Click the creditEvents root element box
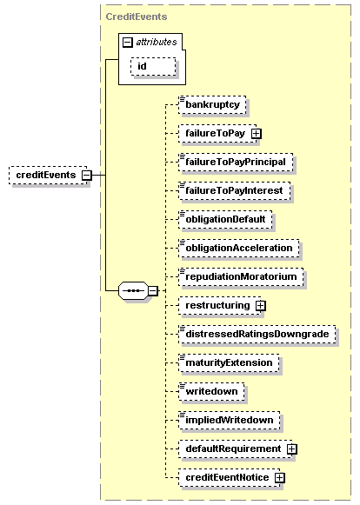point(48,176)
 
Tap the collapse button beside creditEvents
point(87,176)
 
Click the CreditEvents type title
point(137,17)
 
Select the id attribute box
point(153,66)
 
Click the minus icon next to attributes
point(128,43)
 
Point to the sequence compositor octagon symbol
point(133,291)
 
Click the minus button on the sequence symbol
point(153,291)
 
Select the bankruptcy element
point(212,104)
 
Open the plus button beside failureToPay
point(257,133)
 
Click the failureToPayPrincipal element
point(236,162)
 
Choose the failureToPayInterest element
point(234,190)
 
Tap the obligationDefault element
point(225,219)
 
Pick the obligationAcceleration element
point(239,248)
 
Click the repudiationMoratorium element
point(241,276)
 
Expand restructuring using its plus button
point(261,305)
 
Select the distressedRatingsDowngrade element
point(257,334)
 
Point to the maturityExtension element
point(229,362)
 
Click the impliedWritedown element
point(230,420)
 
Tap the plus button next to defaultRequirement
point(292,449)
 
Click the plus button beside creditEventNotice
point(280,477)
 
